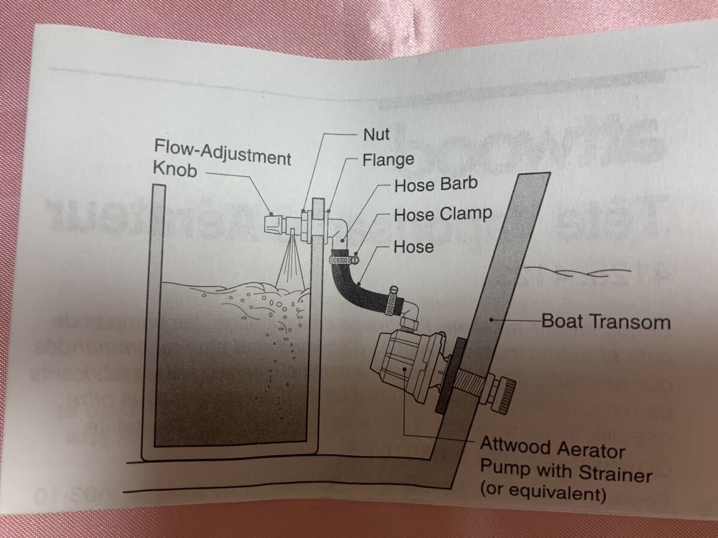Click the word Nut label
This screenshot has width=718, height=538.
[376, 135]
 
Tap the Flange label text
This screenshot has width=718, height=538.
[388, 160]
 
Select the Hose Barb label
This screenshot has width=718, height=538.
[435, 185]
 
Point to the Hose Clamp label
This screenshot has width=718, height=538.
[442, 214]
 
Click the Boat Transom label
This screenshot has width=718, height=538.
[605, 322]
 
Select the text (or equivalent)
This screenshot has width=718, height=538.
[543, 494]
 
